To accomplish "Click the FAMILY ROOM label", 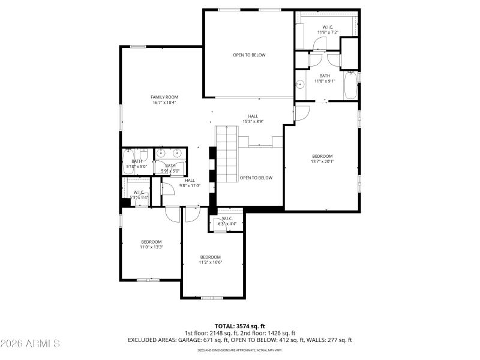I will pyautogui.click(x=164, y=97).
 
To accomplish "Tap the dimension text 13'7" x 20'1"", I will pyautogui.click(x=322, y=161).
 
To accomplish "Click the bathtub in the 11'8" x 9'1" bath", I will pyautogui.click(x=350, y=85).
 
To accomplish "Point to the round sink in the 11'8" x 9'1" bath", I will pyautogui.click(x=298, y=85).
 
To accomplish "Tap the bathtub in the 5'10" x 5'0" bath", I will pyautogui.click(x=127, y=162).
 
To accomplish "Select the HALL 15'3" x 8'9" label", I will pyautogui.click(x=253, y=119).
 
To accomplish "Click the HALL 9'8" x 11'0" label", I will pyautogui.click(x=190, y=183).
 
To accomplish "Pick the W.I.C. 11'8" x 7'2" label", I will pyautogui.click(x=328, y=29).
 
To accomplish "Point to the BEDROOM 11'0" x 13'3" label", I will pyautogui.click(x=151, y=244).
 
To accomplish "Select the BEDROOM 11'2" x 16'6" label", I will pyautogui.click(x=211, y=259).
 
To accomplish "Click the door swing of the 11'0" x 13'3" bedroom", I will pyautogui.click(x=173, y=213).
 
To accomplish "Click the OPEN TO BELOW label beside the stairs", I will pyautogui.click(x=256, y=178).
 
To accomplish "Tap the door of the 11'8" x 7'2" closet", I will pyautogui.click(x=320, y=43).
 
